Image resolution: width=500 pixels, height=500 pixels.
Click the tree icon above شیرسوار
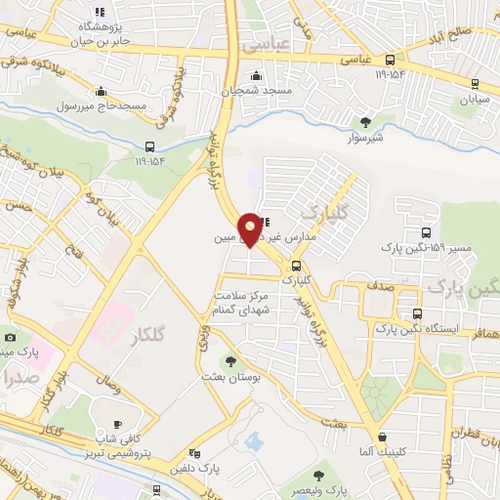pyautogui.click(x=365, y=122)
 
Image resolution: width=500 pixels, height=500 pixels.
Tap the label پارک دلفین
pyautogui.click(x=198, y=468)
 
